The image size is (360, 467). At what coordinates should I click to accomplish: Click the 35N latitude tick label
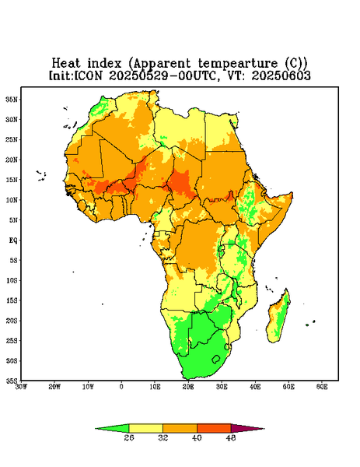click(12, 100)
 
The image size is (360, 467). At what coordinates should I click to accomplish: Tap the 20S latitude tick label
click(12, 321)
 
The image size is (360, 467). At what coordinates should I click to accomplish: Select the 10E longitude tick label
click(155, 387)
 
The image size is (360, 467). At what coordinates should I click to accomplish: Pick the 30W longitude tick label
click(21, 387)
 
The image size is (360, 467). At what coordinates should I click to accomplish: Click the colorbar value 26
click(129, 437)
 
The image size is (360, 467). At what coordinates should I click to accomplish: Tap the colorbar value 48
click(231, 437)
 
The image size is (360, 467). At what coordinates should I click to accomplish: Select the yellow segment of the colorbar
click(145, 429)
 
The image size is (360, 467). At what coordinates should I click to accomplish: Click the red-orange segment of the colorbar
click(214, 429)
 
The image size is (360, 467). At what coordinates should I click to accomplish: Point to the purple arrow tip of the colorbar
click(264, 429)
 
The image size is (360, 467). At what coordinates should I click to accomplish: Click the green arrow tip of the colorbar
click(96, 429)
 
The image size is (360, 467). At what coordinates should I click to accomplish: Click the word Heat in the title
click(66, 64)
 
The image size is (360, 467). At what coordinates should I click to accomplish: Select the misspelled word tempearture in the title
click(238, 64)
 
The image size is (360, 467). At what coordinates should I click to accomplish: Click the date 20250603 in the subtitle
click(281, 75)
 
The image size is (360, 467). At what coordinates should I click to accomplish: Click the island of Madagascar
click(279, 318)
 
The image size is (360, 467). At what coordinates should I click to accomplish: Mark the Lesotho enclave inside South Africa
click(216, 359)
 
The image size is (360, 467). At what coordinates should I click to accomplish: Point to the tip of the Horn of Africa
click(292, 194)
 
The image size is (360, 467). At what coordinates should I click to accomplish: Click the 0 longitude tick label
click(121, 387)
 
